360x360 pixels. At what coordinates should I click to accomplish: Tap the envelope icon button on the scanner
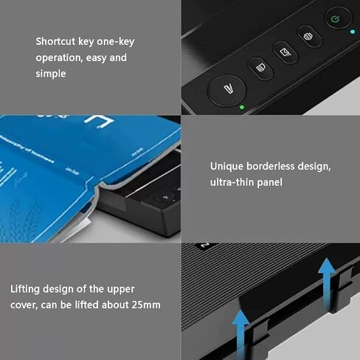click(285, 52)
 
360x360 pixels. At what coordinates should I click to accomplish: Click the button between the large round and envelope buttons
click(260, 69)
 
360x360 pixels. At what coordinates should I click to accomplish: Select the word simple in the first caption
click(51, 74)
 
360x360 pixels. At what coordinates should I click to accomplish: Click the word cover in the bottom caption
click(24, 304)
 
